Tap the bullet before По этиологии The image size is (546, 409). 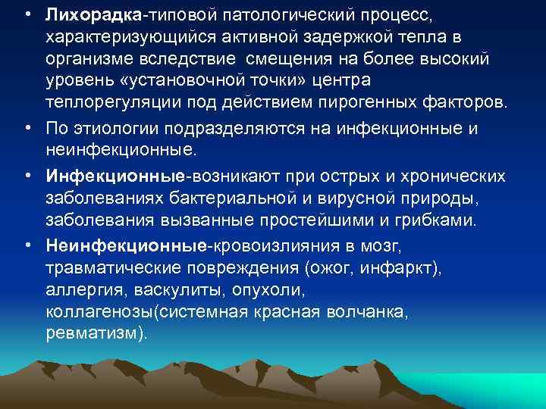coord(27,129)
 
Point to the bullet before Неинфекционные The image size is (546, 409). coord(27,247)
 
